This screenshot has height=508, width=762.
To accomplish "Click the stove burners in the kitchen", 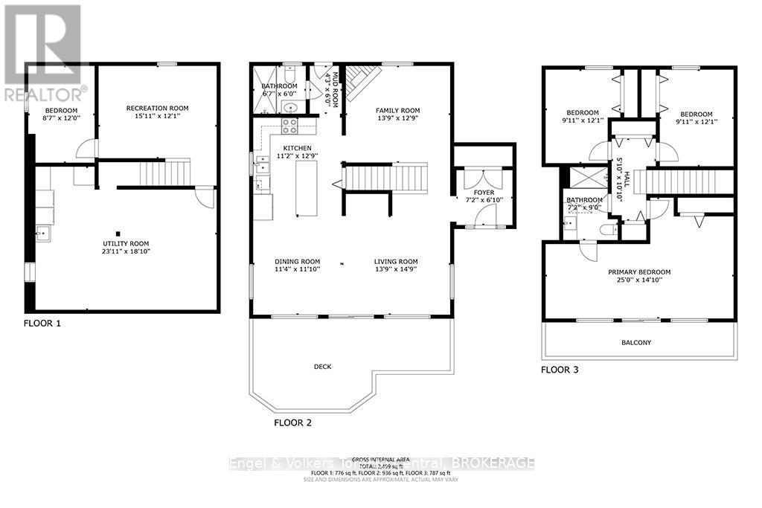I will (289, 126).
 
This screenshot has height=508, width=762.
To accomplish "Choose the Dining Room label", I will (297, 261).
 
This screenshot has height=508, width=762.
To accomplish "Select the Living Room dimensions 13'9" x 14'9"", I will (395, 270).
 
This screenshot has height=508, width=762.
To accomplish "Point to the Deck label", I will (322, 367).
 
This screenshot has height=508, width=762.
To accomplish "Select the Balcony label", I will (636, 342).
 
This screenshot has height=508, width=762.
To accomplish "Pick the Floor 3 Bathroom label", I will (583, 200).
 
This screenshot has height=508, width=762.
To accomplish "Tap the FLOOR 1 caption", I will (43, 324).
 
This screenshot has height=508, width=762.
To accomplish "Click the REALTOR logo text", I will (45, 94).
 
